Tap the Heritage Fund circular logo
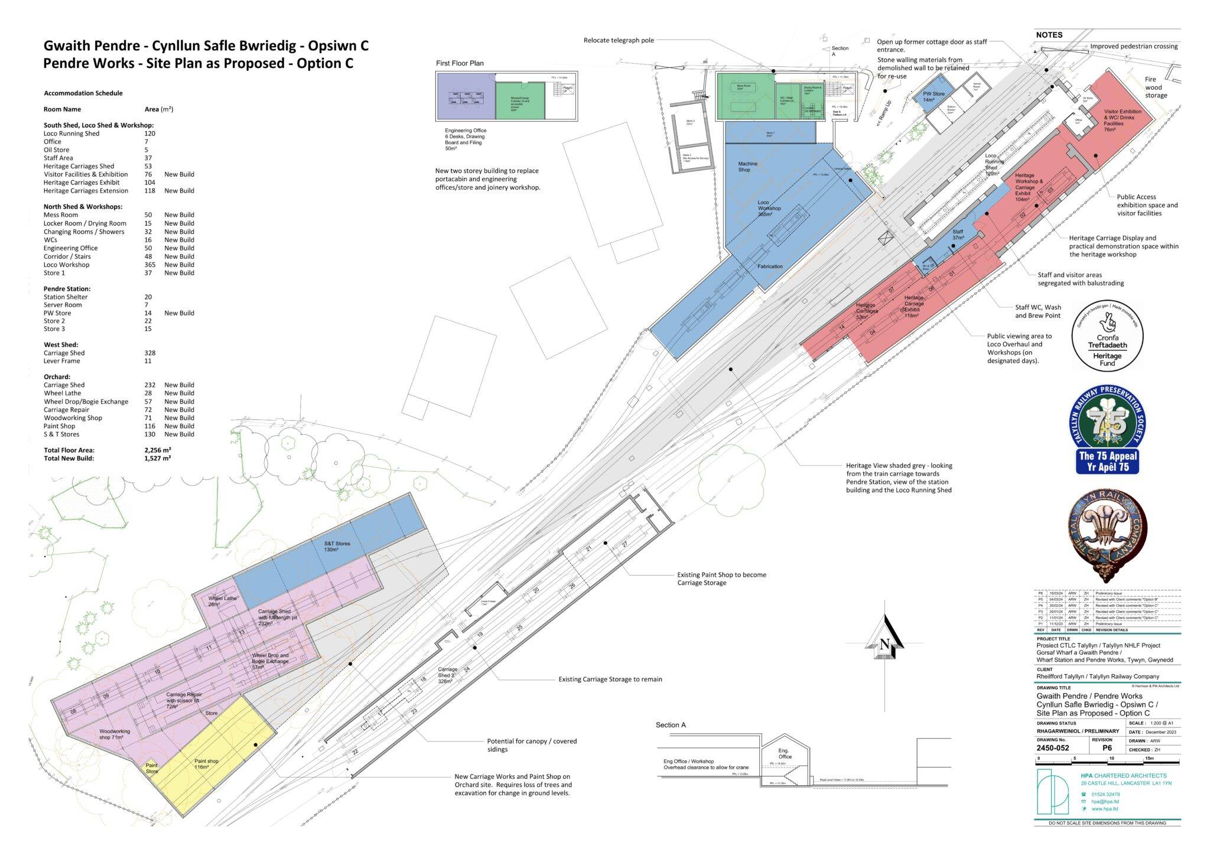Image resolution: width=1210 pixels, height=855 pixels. coord(1107,336)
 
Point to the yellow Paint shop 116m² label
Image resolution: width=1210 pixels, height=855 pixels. coord(207,764)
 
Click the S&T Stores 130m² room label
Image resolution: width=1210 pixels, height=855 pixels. coord(337,547)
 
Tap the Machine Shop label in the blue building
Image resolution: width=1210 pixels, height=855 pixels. coord(747,167)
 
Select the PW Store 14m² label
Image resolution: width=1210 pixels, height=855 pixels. coord(934,96)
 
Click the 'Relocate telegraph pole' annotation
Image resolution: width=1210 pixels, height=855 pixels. coord(619,40)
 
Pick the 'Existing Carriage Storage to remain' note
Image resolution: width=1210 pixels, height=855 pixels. coord(610,680)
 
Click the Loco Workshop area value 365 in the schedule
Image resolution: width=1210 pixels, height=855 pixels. coord(150,265)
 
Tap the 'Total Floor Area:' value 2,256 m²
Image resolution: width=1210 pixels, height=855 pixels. coord(158,450)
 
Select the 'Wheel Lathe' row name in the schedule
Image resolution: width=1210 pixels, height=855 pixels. coord(62,393)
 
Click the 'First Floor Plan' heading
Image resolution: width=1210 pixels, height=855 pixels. coord(460,63)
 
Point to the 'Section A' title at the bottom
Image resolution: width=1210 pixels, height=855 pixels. coord(671,725)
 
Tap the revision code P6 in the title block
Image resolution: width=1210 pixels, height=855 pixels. coord(1107,748)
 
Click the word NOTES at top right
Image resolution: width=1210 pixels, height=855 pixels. coord(1049,35)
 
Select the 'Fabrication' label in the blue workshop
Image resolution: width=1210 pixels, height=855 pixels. coord(770,266)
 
